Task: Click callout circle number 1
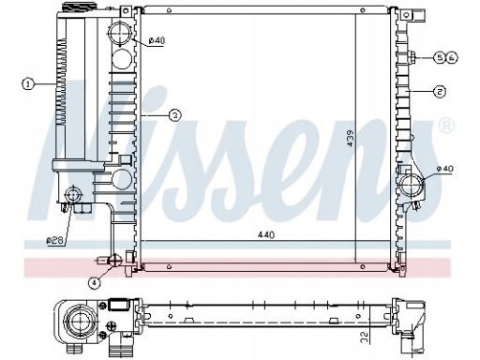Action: point(28,84)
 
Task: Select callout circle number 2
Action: point(440,92)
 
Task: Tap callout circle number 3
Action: point(175,115)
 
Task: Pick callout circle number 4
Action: point(94,283)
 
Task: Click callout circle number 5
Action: point(440,57)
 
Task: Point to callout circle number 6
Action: point(451,57)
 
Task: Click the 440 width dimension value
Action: point(266,234)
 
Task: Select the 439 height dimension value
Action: point(351,139)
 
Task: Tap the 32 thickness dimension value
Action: point(365,337)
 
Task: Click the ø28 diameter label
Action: point(55,241)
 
